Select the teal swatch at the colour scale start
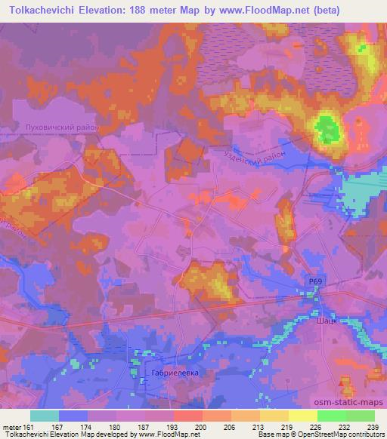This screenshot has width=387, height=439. click(45, 416)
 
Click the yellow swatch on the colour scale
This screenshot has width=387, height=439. click(302, 416)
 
